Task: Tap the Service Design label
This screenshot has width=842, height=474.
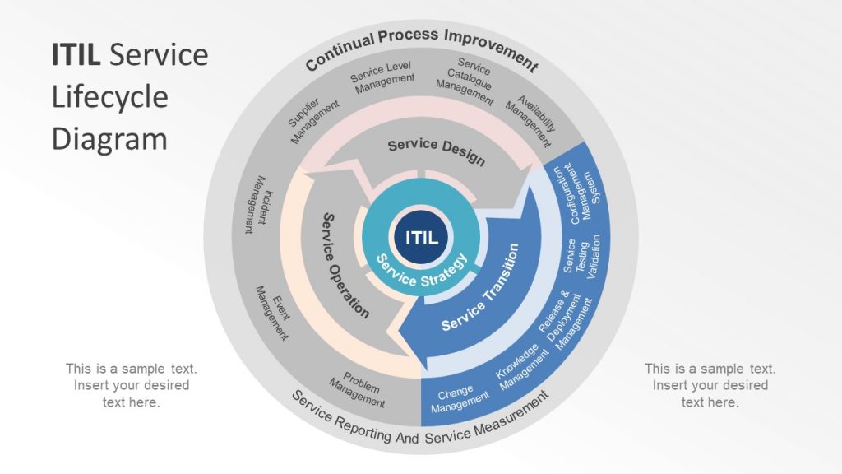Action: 436,151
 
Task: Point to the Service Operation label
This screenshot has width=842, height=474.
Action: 345,266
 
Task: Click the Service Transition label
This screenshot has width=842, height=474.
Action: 480,288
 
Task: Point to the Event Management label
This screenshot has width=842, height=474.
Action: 274,313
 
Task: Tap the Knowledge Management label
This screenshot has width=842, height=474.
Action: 520,366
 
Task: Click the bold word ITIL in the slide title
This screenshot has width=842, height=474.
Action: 76,55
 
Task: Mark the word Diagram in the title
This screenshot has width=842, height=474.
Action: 109,138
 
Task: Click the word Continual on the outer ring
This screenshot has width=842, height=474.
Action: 339,51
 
